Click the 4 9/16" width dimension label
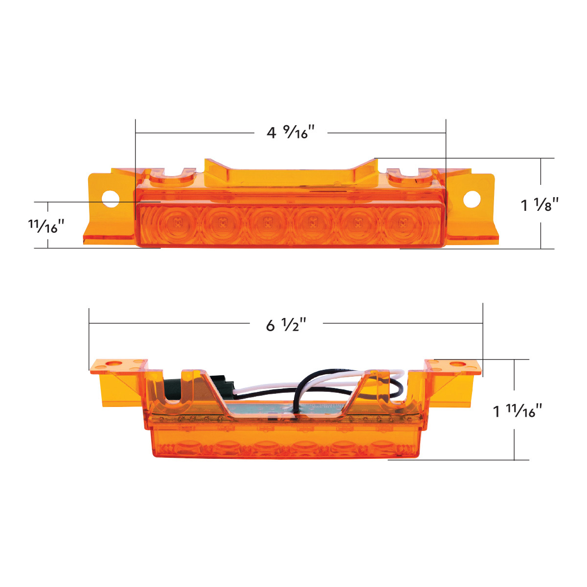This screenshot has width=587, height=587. click(x=290, y=132)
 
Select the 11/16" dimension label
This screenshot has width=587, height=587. click(x=47, y=226)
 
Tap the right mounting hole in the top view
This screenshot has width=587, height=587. click(x=472, y=198)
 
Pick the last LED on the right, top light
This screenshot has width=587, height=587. click(x=402, y=223)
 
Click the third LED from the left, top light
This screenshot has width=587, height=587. click(x=267, y=223)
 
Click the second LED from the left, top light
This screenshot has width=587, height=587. click(x=223, y=223)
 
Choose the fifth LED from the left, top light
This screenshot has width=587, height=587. click(x=357, y=223)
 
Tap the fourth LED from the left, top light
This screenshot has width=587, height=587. click(x=312, y=223)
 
